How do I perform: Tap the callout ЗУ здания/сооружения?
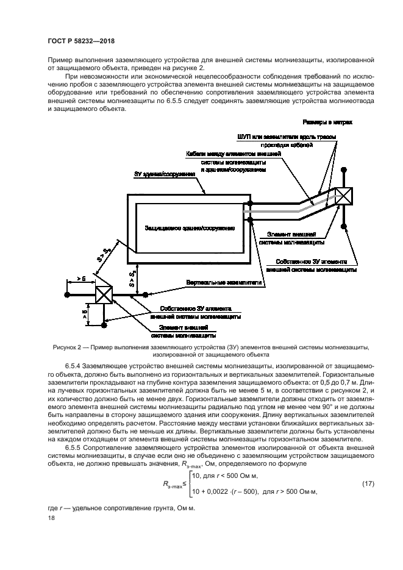(164, 174)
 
